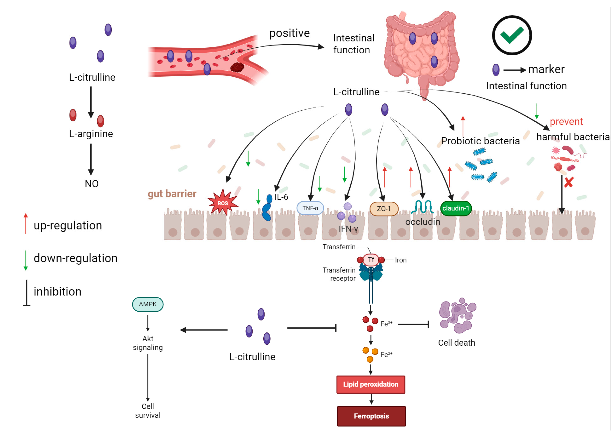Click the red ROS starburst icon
coord(223,202)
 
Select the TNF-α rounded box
coord(310,208)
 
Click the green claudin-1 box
coord(456,208)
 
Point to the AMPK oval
coord(148,304)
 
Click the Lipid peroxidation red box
coord(370,384)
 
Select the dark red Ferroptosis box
coord(371,416)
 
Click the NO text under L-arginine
coord(91,184)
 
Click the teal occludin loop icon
coord(422,207)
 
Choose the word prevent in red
coord(566,122)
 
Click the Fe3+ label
coord(386,324)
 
